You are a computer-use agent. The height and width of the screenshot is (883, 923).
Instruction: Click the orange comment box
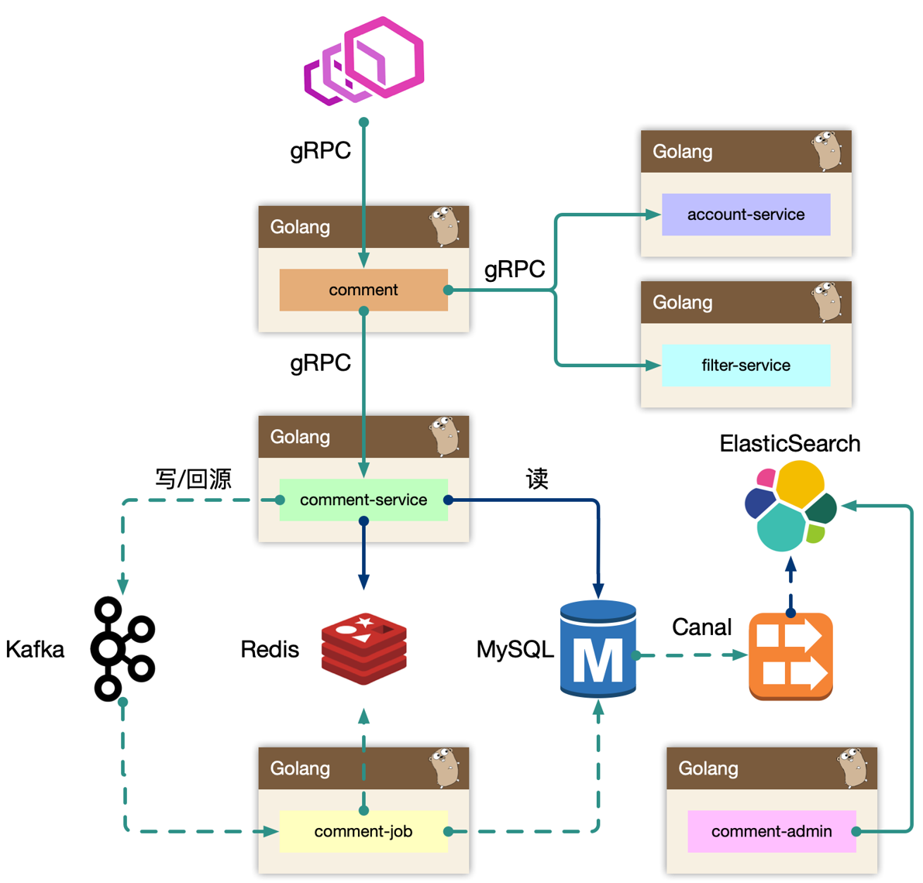point(363,290)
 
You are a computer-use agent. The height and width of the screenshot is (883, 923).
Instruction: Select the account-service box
point(746,215)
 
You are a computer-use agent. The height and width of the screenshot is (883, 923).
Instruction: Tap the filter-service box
point(746,366)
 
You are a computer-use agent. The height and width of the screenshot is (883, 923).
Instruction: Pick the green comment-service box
point(363,500)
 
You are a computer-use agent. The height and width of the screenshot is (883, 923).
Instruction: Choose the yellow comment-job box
point(363,831)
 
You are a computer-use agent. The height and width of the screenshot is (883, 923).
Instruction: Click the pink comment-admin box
point(771,831)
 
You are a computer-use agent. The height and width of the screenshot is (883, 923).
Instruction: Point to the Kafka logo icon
point(122,649)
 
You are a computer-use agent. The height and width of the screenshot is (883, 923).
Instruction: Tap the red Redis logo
point(364,649)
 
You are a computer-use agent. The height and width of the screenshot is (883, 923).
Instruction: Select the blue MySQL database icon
point(598,649)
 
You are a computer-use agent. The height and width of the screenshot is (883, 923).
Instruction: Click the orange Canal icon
point(790,656)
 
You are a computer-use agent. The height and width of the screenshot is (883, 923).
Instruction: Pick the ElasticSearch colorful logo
point(790,505)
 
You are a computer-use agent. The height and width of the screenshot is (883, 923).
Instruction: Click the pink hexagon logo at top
point(364,60)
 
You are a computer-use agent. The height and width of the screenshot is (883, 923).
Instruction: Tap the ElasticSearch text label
point(790,444)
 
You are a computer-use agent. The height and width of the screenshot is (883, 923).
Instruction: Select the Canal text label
point(701,627)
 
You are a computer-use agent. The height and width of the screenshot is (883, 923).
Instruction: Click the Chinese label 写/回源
point(193,479)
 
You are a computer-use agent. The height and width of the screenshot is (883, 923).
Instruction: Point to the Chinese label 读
point(537,479)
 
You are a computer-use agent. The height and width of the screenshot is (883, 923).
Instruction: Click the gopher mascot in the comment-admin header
point(852,767)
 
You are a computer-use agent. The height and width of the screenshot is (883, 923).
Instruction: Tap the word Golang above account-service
point(682,152)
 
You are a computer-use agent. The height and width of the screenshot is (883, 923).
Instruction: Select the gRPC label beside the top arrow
point(320,150)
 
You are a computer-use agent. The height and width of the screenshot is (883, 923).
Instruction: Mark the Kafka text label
point(35,649)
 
